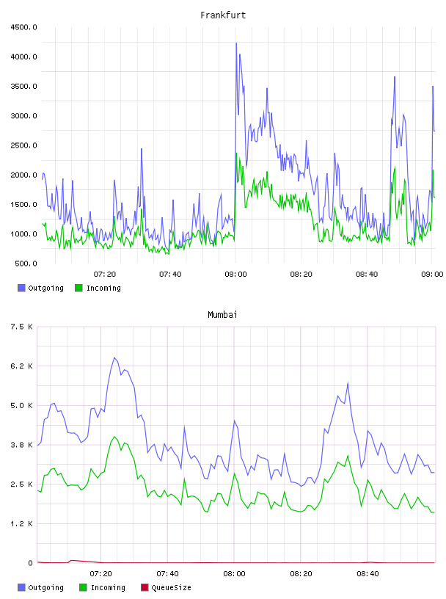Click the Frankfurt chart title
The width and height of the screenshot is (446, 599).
coord(223,15)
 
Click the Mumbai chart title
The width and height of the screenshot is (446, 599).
coord(222,315)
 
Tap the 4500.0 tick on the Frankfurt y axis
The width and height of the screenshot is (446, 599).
coord(23,27)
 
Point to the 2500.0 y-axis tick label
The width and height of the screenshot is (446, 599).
coord(23,145)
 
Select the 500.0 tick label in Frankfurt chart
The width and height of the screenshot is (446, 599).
coord(26,264)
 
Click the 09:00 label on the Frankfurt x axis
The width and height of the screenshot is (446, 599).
coord(432,275)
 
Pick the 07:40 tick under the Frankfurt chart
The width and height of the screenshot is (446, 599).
coord(170,275)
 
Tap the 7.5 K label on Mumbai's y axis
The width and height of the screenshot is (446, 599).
coord(21,327)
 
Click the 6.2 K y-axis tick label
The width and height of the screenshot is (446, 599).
coord(21,366)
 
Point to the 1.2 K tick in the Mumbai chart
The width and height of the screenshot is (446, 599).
coord(21,523)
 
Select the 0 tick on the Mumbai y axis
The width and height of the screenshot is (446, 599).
coord(30,563)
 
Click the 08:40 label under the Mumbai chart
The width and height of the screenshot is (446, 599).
coord(368,574)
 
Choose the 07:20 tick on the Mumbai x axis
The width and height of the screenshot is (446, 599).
coord(100,574)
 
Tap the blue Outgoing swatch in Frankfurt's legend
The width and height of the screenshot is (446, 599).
coord(21,288)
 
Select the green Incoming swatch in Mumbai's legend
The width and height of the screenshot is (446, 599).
coord(83,587)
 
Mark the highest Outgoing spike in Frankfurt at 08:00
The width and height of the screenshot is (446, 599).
coord(236,43)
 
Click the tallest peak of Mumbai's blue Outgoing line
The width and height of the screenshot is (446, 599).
coord(114,358)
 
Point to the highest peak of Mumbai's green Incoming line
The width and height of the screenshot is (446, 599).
coord(114,437)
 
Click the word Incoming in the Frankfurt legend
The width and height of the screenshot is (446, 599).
coord(103,288)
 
